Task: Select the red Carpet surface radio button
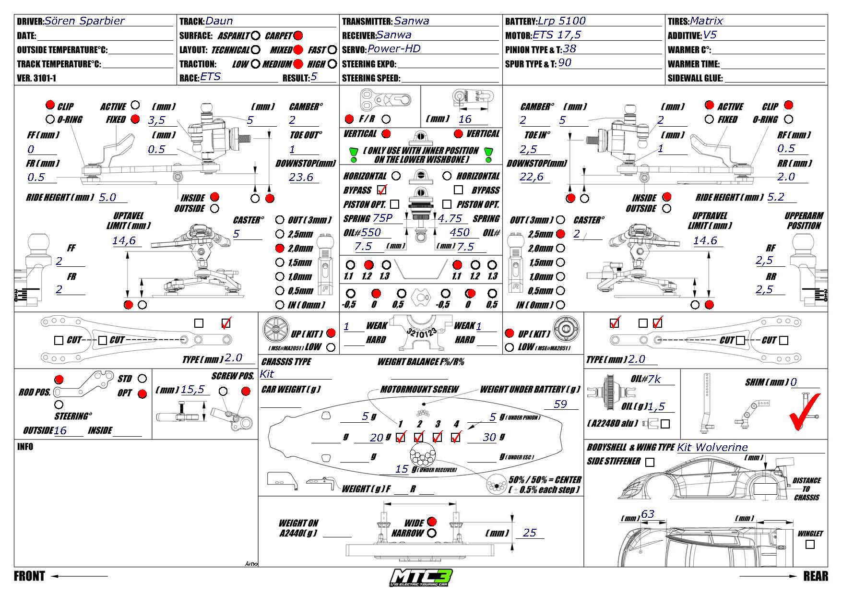298,36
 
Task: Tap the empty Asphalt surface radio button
256,36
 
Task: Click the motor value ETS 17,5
557,35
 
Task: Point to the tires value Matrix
706,21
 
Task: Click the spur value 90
565,63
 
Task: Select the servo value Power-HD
394,49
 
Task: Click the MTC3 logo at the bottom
421,577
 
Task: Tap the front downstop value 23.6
301,178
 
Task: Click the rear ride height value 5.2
775,197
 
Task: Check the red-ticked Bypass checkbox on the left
382,190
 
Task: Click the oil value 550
371,233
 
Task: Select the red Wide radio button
432,522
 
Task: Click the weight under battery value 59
560,404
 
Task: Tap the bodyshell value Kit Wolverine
712,448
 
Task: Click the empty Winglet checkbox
810,544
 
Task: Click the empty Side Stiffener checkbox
650,462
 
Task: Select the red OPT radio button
142,394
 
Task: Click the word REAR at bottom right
816,576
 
